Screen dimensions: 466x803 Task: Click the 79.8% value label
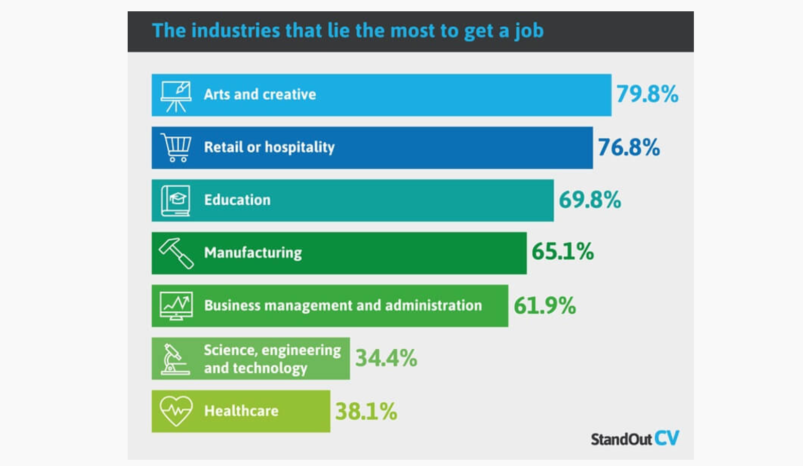point(647,94)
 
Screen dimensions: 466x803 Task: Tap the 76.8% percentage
point(629,147)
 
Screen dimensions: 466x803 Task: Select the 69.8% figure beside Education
point(590,200)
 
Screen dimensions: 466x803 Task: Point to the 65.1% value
point(563,252)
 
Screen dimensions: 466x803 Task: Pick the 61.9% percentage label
point(545,306)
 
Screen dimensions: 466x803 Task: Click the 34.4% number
point(386,358)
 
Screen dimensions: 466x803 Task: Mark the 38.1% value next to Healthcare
point(366,411)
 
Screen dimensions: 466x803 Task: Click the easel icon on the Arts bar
point(176,96)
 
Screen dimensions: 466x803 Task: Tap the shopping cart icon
point(176,148)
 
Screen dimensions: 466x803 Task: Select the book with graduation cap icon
point(176,201)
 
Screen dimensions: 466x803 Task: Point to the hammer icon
point(176,253)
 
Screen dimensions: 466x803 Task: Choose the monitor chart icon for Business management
point(176,306)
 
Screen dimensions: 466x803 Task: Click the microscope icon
point(174,359)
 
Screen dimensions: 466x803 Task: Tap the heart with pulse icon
point(176,411)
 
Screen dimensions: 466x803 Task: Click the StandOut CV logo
point(635,439)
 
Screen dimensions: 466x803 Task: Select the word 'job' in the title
point(529,31)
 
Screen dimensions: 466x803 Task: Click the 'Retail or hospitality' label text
point(269,148)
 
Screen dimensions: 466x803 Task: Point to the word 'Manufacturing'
point(253,253)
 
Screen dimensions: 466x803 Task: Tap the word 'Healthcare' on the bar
point(241,411)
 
